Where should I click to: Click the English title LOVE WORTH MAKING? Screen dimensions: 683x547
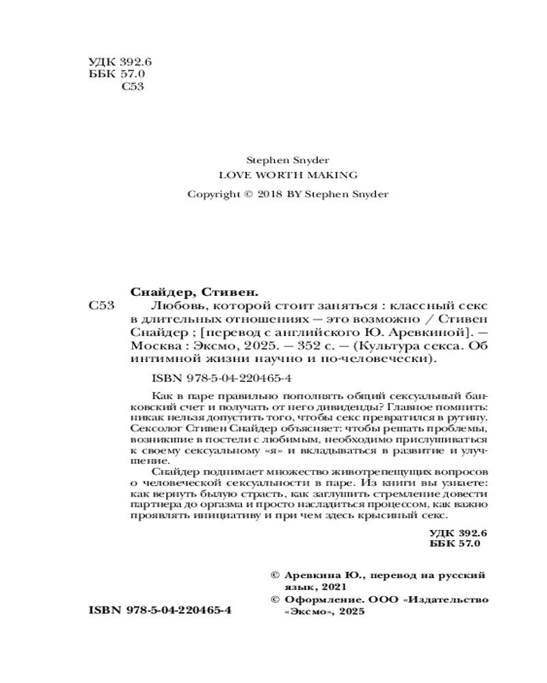(x=287, y=176)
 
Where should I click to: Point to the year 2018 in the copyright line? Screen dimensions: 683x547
(x=270, y=194)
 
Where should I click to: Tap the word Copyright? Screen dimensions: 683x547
(x=211, y=194)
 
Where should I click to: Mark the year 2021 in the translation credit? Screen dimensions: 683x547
(x=334, y=587)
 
